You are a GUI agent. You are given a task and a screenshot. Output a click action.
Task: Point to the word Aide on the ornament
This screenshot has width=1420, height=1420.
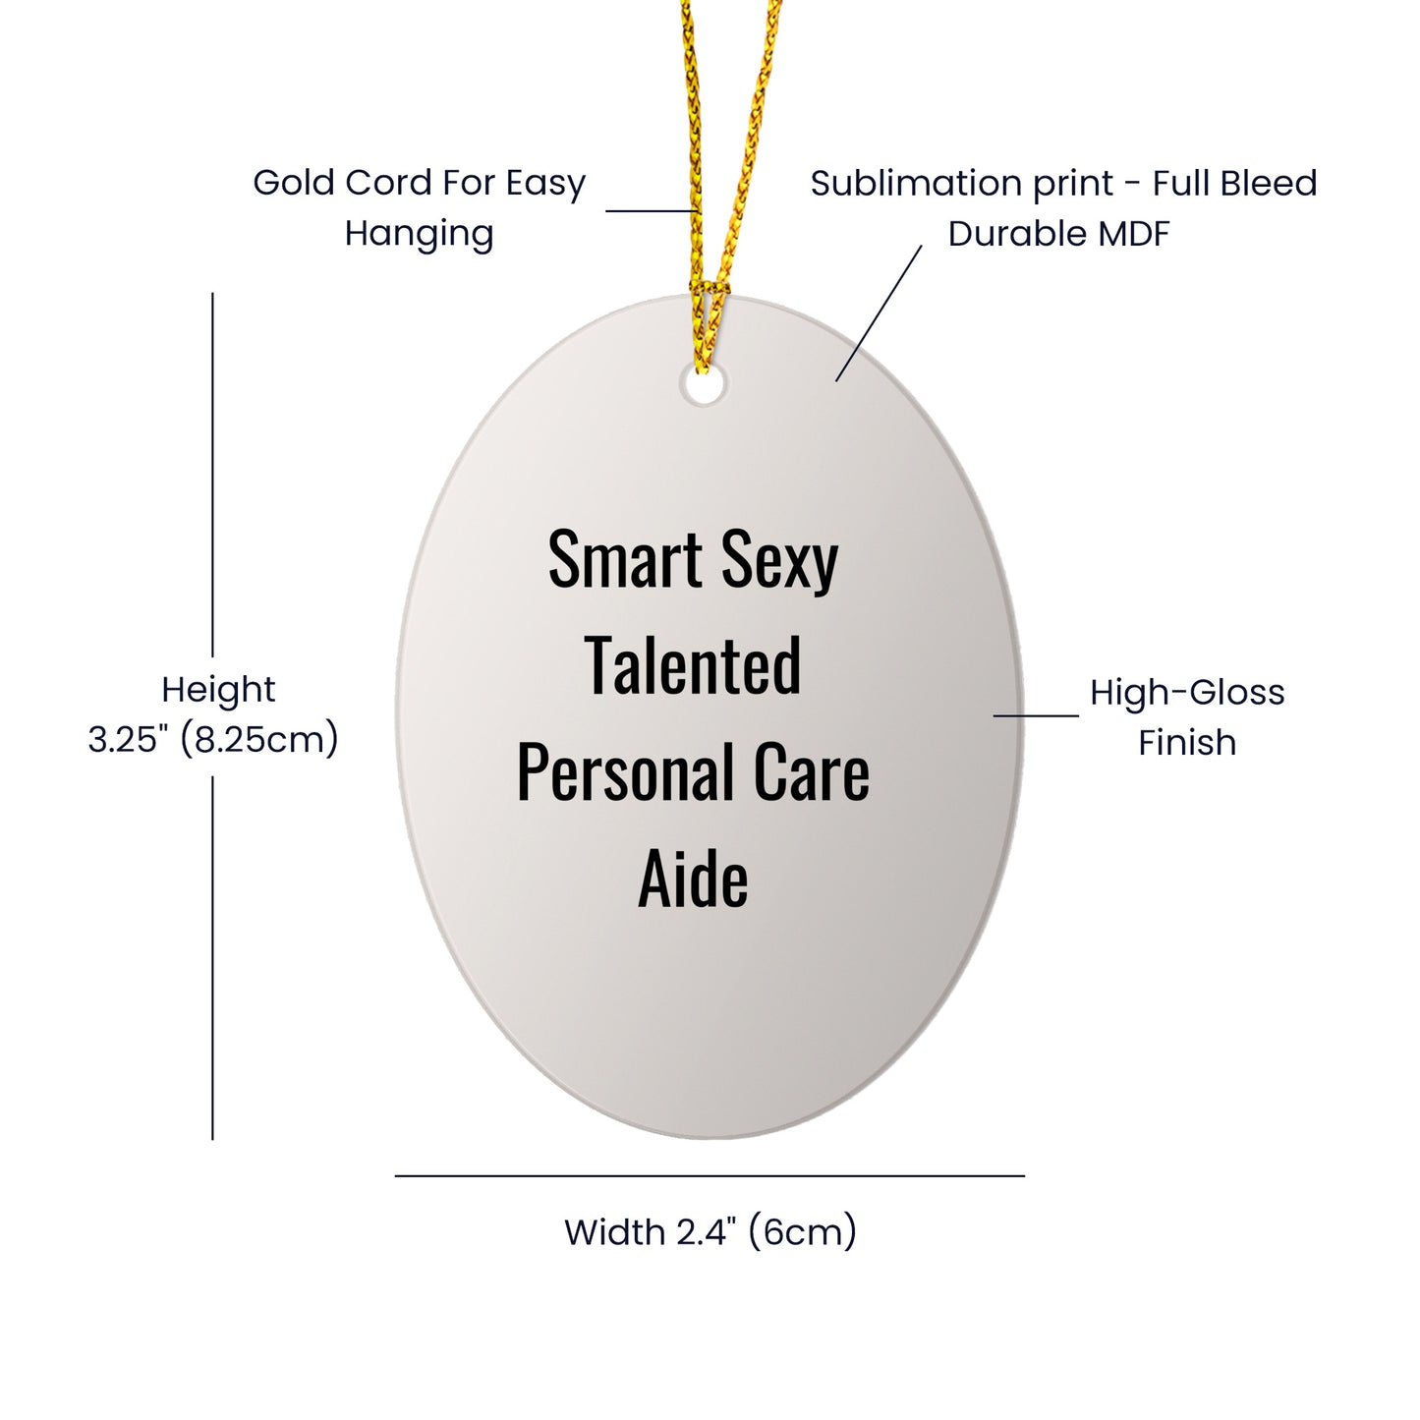pyautogui.click(x=693, y=878)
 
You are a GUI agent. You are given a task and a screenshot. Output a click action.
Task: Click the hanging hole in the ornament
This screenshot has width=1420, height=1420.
pyautogui.click(x=703, y=385)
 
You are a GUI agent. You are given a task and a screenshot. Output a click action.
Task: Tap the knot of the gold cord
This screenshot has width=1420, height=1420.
pyautogui.click(x=709, y=288)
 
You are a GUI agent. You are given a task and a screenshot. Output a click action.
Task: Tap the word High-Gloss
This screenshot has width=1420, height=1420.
pyautogui.click(x=1187, y=694)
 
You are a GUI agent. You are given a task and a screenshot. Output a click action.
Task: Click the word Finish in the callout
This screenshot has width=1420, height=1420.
pyautogui.click(x=1187, y=743)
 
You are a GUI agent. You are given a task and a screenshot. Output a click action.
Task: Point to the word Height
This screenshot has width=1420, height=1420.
pyautogui.click(x=218, y=691)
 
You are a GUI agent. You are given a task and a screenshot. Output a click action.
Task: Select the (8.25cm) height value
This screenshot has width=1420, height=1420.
pyautogui.click(x=260, y=740)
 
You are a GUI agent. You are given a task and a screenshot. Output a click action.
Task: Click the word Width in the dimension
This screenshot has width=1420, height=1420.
pyautogui.click(x=614, y=1232)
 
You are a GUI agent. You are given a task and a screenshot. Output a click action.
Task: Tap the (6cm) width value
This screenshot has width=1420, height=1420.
pyautogui.click(x=803, y=1233)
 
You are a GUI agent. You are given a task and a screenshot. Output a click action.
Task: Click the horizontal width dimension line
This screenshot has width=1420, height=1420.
pyautogui.click(x=710, y=1176)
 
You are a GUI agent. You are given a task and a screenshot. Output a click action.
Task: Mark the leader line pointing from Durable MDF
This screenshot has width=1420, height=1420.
pyautogui.click(x=879, y=313)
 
